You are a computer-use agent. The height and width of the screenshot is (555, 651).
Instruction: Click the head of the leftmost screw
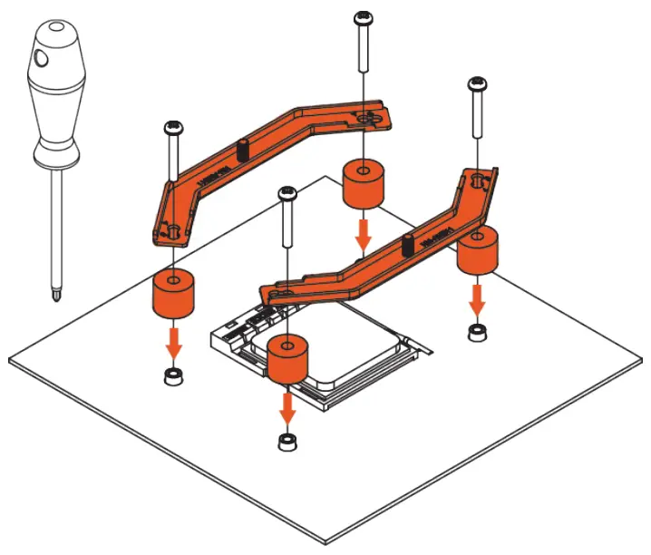tap(171, 129)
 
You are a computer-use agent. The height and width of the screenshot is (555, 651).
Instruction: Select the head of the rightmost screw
tap(478, 85)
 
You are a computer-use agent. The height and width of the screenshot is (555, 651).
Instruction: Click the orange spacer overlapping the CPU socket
tap(287, 357)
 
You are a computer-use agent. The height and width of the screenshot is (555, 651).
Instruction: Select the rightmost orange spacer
tap(477, 251)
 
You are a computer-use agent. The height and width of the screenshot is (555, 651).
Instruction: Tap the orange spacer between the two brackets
tap(363, 185)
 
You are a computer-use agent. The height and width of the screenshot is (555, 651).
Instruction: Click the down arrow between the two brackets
tap(363, 234)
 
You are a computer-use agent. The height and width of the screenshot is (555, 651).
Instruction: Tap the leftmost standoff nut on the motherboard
tap(172, 376)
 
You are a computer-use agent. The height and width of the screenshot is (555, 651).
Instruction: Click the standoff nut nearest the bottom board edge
tap(287, 442)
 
